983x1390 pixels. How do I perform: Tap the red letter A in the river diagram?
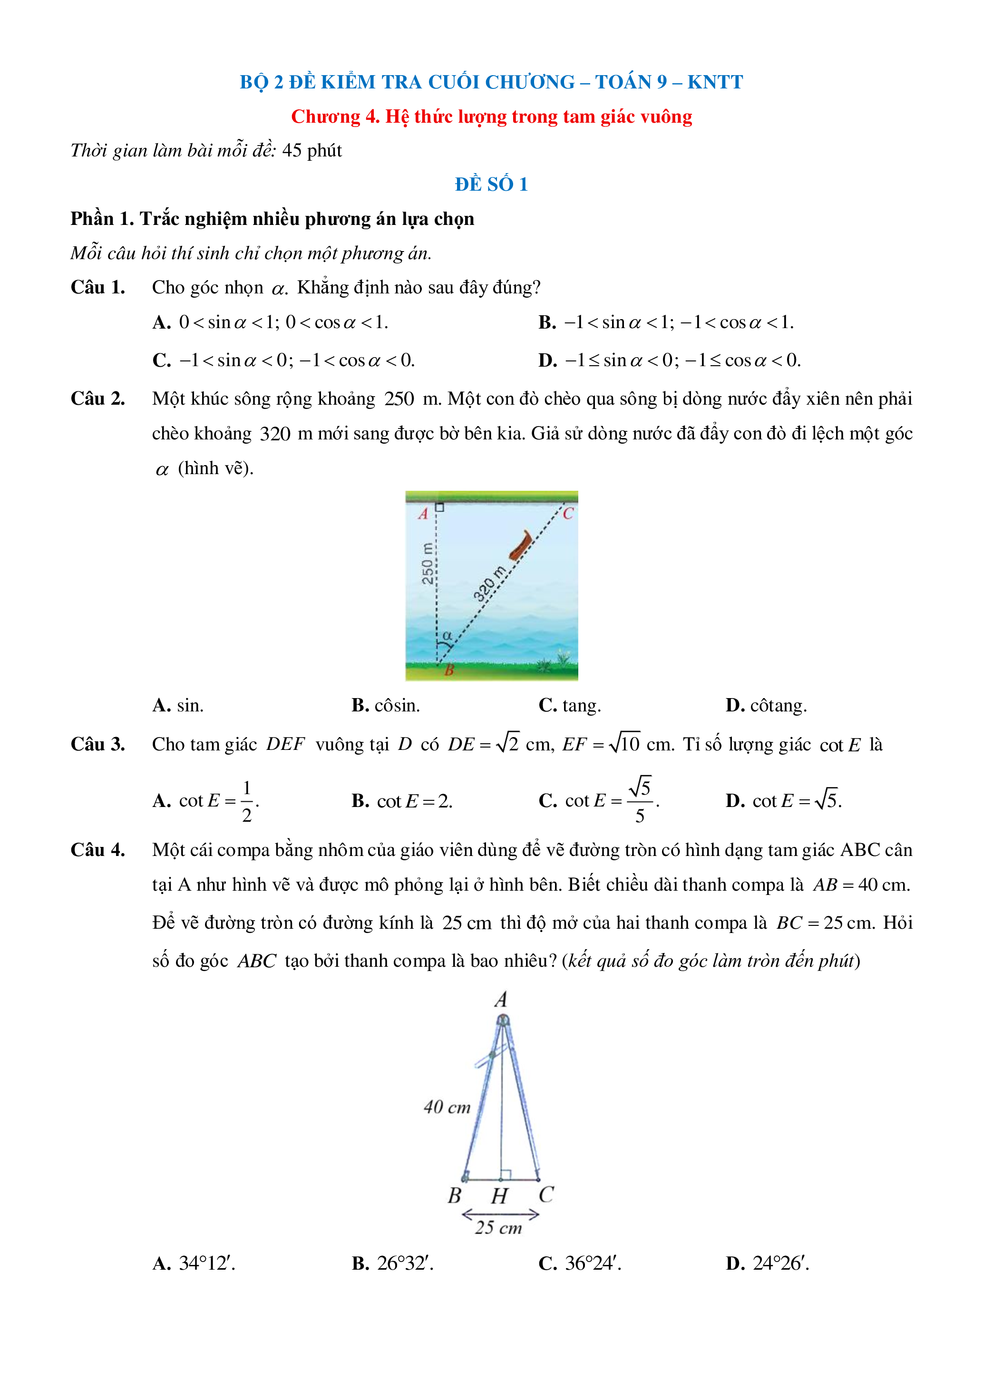point(423,514)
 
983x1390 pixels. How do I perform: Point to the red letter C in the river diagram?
point(568,514)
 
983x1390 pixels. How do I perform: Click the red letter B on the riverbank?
point(449,670)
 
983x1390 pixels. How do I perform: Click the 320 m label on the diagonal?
point(489,584)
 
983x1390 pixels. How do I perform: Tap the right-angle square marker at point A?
point(440,507)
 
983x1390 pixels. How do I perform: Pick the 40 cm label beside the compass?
point(447,1107)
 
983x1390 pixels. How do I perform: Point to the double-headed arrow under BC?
point(500,1215)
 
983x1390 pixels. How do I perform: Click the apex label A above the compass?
point(501,1000)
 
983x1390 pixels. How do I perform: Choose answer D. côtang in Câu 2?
point(766,705)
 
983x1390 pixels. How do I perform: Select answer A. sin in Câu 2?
point(178,705)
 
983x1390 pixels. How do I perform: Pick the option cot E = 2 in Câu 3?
point(402,801)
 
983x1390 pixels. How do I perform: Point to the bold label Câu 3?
point(98,744)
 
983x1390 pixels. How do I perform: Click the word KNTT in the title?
point(715,82)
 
